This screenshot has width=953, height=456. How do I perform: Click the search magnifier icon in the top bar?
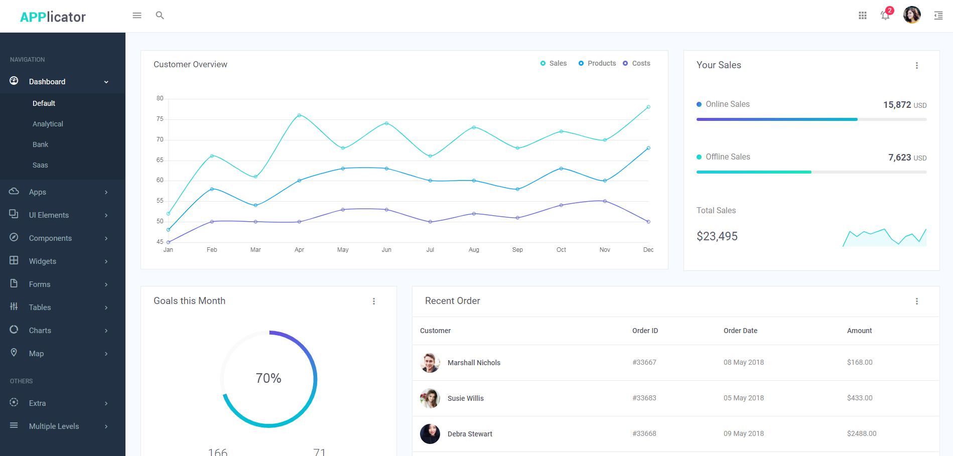(160, 16)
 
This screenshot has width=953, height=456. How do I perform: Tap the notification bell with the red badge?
(885, 16)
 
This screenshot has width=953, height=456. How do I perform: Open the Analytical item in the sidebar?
(48, 124)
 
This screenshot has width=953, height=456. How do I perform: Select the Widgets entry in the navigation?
(43, 261)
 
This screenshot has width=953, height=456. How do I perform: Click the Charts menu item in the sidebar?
(40, 331)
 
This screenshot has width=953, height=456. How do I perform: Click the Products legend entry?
(597, 63)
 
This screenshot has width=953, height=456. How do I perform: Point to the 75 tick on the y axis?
(160, 119)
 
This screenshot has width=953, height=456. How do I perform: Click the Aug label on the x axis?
(474, 250)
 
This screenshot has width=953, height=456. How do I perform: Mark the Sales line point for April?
(299, 115)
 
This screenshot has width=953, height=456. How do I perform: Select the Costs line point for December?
(648, 222)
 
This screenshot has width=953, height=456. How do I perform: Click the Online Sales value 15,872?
(897, 105)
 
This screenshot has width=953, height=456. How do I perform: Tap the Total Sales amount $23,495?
(717, 236)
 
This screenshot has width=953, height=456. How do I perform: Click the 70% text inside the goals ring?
(268, 378)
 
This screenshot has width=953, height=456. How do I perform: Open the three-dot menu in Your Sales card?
(916, 66)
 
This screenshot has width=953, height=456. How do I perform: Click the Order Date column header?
(740, 331)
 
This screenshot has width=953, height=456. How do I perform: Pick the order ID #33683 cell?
(644, 398)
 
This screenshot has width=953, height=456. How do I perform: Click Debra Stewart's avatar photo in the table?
(430, 434)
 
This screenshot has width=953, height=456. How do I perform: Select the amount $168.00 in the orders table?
(860, 362)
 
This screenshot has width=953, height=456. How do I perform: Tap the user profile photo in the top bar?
(912, 15)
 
